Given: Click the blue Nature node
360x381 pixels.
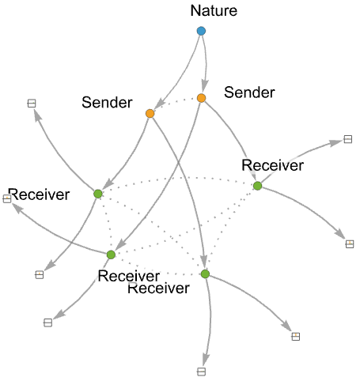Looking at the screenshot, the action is [x=201, y=31].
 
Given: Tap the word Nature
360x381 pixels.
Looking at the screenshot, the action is [x=214, y=11].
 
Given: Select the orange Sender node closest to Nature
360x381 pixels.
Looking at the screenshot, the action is [x=202, y=98].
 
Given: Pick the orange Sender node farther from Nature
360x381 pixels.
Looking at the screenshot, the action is [x=150, y=114].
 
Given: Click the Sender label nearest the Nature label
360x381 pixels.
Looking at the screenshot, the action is [x=249, y=92].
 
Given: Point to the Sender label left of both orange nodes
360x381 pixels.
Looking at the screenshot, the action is [x=107, y=102].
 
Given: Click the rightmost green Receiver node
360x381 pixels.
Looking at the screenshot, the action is [x=257, y=186].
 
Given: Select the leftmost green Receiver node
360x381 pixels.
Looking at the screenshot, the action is [x=98, y=194].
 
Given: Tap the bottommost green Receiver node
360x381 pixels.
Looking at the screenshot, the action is [x=205, y=274].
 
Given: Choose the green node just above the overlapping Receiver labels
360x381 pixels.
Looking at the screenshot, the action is [x=111, y=255].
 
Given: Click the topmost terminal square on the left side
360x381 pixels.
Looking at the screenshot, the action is [x=32, y=104].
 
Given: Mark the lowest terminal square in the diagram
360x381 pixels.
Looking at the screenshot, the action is [x=201, y=372].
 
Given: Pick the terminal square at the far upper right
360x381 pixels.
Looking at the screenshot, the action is [x=348, y=139].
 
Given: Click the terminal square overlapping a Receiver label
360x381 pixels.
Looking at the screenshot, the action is [x=7, y=198].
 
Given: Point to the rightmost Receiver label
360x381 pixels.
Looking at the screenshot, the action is [x=273, y=165].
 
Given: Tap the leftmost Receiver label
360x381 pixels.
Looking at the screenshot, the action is [x=39, y=194].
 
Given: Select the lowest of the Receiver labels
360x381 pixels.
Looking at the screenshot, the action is [x=158, y=288].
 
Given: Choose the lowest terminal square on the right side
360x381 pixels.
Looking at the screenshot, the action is [x=296, y=337].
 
